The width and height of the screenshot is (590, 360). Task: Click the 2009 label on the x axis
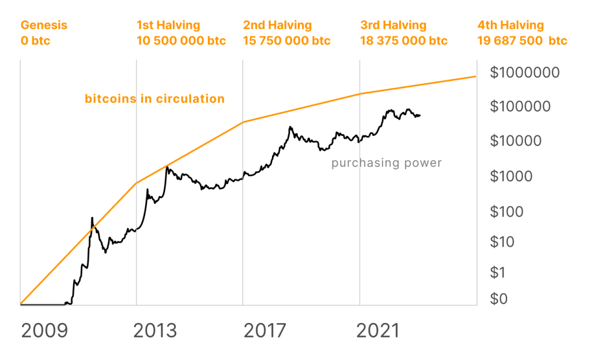pyautogui.click(x=44, y=331)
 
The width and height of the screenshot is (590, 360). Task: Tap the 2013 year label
pyautogui.click(x=155, y=331)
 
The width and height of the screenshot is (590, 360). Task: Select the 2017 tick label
pyautogui.click(x=264, y=331)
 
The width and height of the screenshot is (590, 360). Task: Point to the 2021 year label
pyautogui.click(x=377, y=331)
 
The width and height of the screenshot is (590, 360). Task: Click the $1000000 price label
pyautogui.click(x=524, y=73)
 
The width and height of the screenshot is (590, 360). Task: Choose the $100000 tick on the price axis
pyautogui.click(x=520, y=107)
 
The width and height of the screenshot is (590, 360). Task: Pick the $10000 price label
pyautogui.click(x=516, y=141)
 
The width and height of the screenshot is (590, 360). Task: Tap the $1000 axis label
pyautogui.click(x=511, y=177)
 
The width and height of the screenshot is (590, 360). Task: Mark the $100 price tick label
pyautogui.click(x=507, y=211)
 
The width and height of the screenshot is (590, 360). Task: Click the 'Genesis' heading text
pyautogui.click(x=44, y=25)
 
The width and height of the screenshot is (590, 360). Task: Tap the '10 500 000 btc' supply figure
pyautogui.click(x=181, y=41)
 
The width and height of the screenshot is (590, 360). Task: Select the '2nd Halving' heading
pyautogui.click(x=277, y=25)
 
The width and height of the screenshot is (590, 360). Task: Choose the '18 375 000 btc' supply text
pyautogui.click(x=403, y=41)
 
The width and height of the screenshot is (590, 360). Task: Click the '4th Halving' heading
pyautogui.click(x=510, y=25)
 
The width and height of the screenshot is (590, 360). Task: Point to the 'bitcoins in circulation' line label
pyautogui.click(x=154, y=98)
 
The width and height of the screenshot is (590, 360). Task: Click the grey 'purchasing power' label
pyautogui.click(x=387, y=163)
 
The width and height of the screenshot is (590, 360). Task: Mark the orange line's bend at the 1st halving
pyautogui.click(x=137, y=183)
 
